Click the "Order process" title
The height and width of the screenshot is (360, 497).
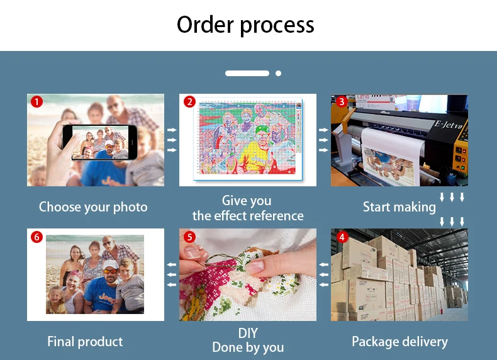(245, 25)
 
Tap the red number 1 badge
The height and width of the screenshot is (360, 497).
(37, 102)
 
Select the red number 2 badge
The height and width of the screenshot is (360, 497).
(189, 102)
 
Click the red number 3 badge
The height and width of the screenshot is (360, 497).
(342, 102)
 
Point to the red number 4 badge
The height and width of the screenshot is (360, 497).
(342, 237)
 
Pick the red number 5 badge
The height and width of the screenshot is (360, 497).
(189, 237)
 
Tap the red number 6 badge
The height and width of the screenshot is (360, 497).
(37, 237)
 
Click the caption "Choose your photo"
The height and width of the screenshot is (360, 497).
(93, 207)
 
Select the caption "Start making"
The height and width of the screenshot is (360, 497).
(399, 207)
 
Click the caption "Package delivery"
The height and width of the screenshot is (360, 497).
(399, 342)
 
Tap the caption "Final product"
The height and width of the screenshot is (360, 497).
(85, 342)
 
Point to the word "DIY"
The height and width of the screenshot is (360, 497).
(248, 333)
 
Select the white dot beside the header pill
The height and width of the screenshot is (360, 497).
(278, 74)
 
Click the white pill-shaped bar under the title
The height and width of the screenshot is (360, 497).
(247, 74)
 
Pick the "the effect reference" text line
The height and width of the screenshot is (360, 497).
(248, 216)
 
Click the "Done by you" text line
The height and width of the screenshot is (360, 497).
(248, 347)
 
